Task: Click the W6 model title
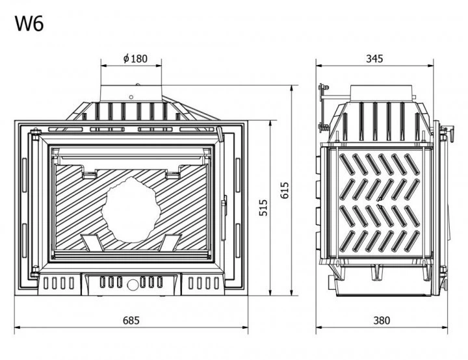tap(29, 24)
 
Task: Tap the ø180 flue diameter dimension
tap(135, 58)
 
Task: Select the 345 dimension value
tap(374, 58)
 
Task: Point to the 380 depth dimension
tap(382, 320)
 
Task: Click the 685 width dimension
tap(131, 320)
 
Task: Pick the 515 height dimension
tap(263, 208)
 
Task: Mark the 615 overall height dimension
tap(285, 190)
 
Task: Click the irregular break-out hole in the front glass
tap(131, 209)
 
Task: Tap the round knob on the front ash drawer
tap(131, 285)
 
